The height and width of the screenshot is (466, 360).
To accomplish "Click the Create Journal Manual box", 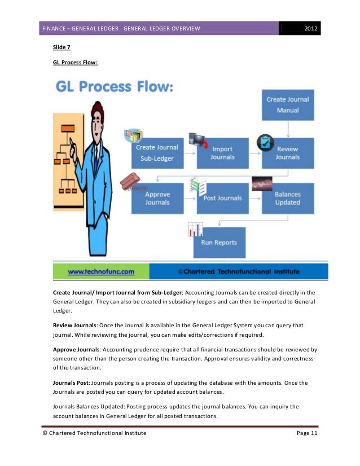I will tap(288, 104).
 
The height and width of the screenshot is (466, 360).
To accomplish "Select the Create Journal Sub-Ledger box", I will tap(157, 153).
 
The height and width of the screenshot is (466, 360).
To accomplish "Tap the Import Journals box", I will tap(222, 153).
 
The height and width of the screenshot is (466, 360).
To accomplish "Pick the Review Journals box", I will tap(288, 153).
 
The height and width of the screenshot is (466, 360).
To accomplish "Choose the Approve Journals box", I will tap(157, 198).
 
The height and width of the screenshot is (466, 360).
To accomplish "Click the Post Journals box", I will tap(222, 198).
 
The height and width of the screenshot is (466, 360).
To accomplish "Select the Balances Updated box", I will tap(288, 198).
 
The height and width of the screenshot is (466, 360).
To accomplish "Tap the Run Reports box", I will tap(219, 243).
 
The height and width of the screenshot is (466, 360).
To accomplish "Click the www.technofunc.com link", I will tap(101, 271).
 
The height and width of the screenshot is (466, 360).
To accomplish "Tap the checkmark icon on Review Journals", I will tap(265, 143).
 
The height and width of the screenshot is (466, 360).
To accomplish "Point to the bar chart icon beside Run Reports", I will tap(195, 229).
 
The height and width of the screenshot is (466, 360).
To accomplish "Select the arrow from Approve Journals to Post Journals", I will tap(190, 198).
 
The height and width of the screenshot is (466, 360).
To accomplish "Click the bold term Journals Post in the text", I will tap(71, 383).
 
